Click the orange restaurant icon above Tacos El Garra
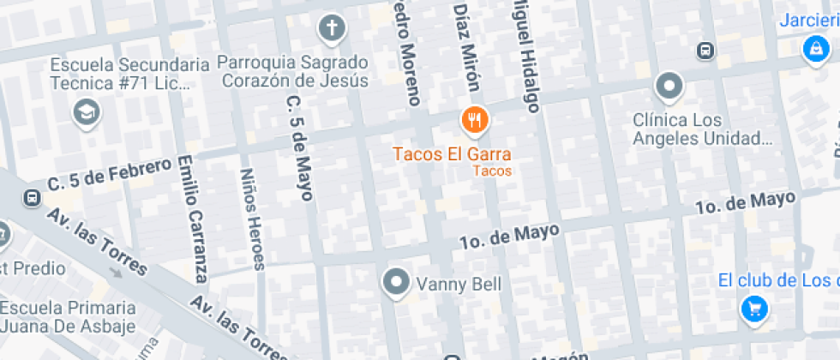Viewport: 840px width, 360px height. [x=474, y=121]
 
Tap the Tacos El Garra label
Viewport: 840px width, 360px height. [x=452, y=155]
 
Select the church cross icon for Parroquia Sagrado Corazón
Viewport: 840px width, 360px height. [x=332, y=28]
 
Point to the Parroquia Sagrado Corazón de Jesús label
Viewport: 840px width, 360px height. [x=292, y=72]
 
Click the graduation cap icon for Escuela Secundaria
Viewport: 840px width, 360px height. [x=86, y=111]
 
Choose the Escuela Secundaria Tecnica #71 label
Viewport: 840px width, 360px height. [x=129, y=75]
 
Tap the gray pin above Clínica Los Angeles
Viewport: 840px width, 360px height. [x=669, y=87]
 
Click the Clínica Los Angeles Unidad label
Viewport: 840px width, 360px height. [x=702, y=129]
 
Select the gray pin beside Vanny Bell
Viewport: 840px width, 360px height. [x=396, y=281]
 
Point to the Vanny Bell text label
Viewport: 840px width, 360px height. [x=459, y=284]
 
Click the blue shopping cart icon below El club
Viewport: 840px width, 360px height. [x=753, y=309]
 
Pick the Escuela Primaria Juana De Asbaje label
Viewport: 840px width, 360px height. [x=68, y=316]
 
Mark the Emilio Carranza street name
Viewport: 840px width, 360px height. [x=193, y=219]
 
